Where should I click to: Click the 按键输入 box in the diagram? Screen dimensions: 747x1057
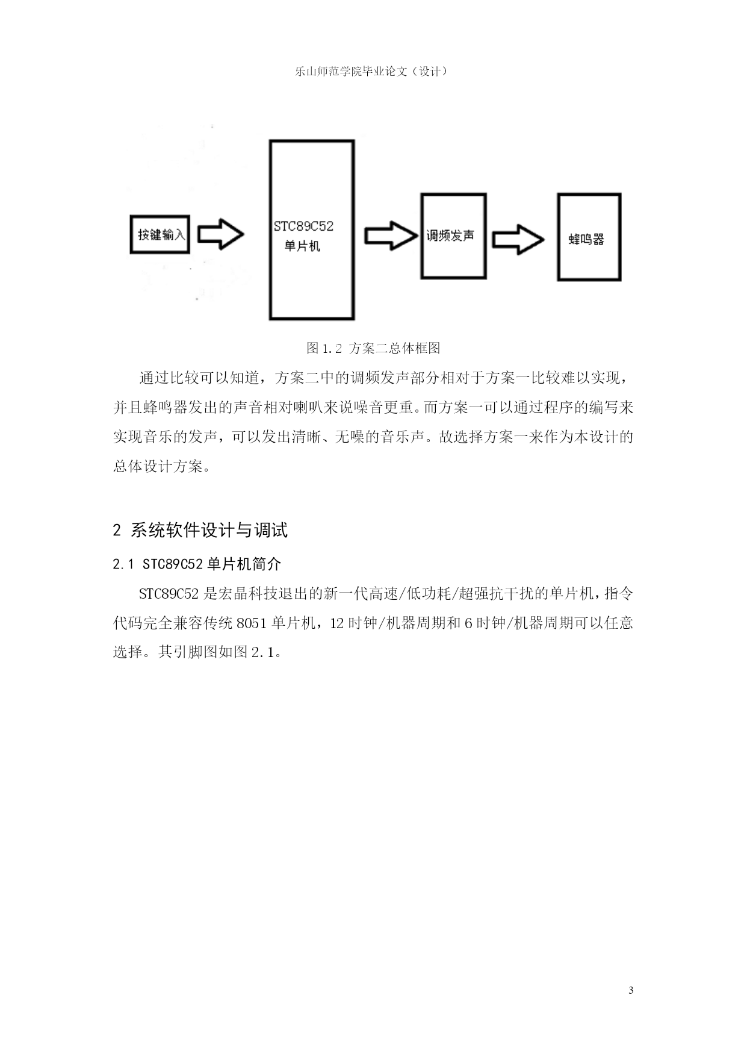[x=160, y=235]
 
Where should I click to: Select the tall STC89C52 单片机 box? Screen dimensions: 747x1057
[x=312, y=229]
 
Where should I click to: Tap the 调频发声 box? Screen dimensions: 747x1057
[x=453, y=235]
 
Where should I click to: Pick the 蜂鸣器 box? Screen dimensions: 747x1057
[x=589, y=237]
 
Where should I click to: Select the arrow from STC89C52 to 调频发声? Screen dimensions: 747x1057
[x=391, y=235]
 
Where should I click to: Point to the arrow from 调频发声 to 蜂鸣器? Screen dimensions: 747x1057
[x=518, y=239]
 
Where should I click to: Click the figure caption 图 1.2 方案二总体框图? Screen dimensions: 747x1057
[x=373, y=348]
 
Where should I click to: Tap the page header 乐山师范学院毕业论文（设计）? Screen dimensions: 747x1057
[x=373, y=71]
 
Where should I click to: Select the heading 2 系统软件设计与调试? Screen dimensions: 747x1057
[x=200, y=530]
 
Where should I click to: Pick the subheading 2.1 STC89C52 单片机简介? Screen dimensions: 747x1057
[x=197, y=564]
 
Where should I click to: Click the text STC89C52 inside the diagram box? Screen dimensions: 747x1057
[x=303, y=226]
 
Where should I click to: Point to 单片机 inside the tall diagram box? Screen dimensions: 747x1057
[x=302, y=246]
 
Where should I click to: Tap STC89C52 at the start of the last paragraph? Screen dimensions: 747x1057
[x=169, y=594]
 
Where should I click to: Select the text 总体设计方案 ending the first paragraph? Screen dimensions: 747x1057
[x=157, y=466]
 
